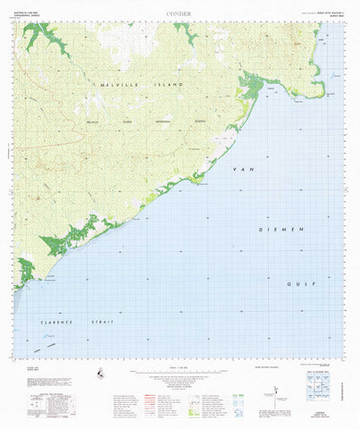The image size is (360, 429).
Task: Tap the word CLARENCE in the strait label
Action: point(55,321)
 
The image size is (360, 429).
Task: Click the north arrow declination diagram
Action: point(278,390)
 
